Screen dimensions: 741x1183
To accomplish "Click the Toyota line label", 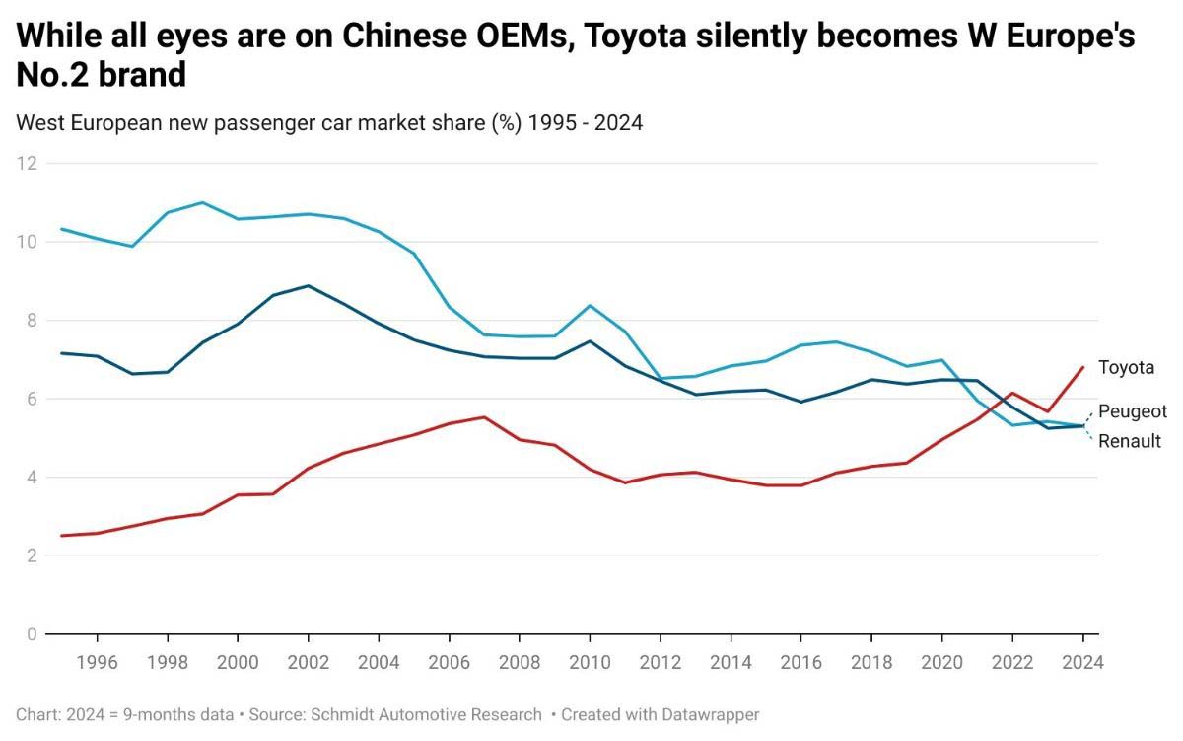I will tap(1126, 368).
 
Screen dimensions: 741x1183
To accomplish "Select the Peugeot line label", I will tap(1132, 411).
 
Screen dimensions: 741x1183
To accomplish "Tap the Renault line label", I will tap(1130, 441).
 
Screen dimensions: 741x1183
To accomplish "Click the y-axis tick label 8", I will tap(31, 320).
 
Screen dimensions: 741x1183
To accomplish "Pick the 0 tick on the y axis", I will tap(31, 634).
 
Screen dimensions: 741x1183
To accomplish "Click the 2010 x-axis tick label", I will tap(590, 662).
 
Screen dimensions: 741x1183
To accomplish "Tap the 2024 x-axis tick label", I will tap(1083, 662).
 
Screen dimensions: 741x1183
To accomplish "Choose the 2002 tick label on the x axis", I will tap(308, 662).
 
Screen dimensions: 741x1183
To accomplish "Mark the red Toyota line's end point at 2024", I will tap(1083, 367).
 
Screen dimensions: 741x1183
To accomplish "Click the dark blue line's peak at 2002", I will tap(308, 285).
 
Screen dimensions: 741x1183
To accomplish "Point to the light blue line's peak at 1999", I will tap(202, 202).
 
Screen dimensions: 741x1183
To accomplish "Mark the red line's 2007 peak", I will tap(484, 417).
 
